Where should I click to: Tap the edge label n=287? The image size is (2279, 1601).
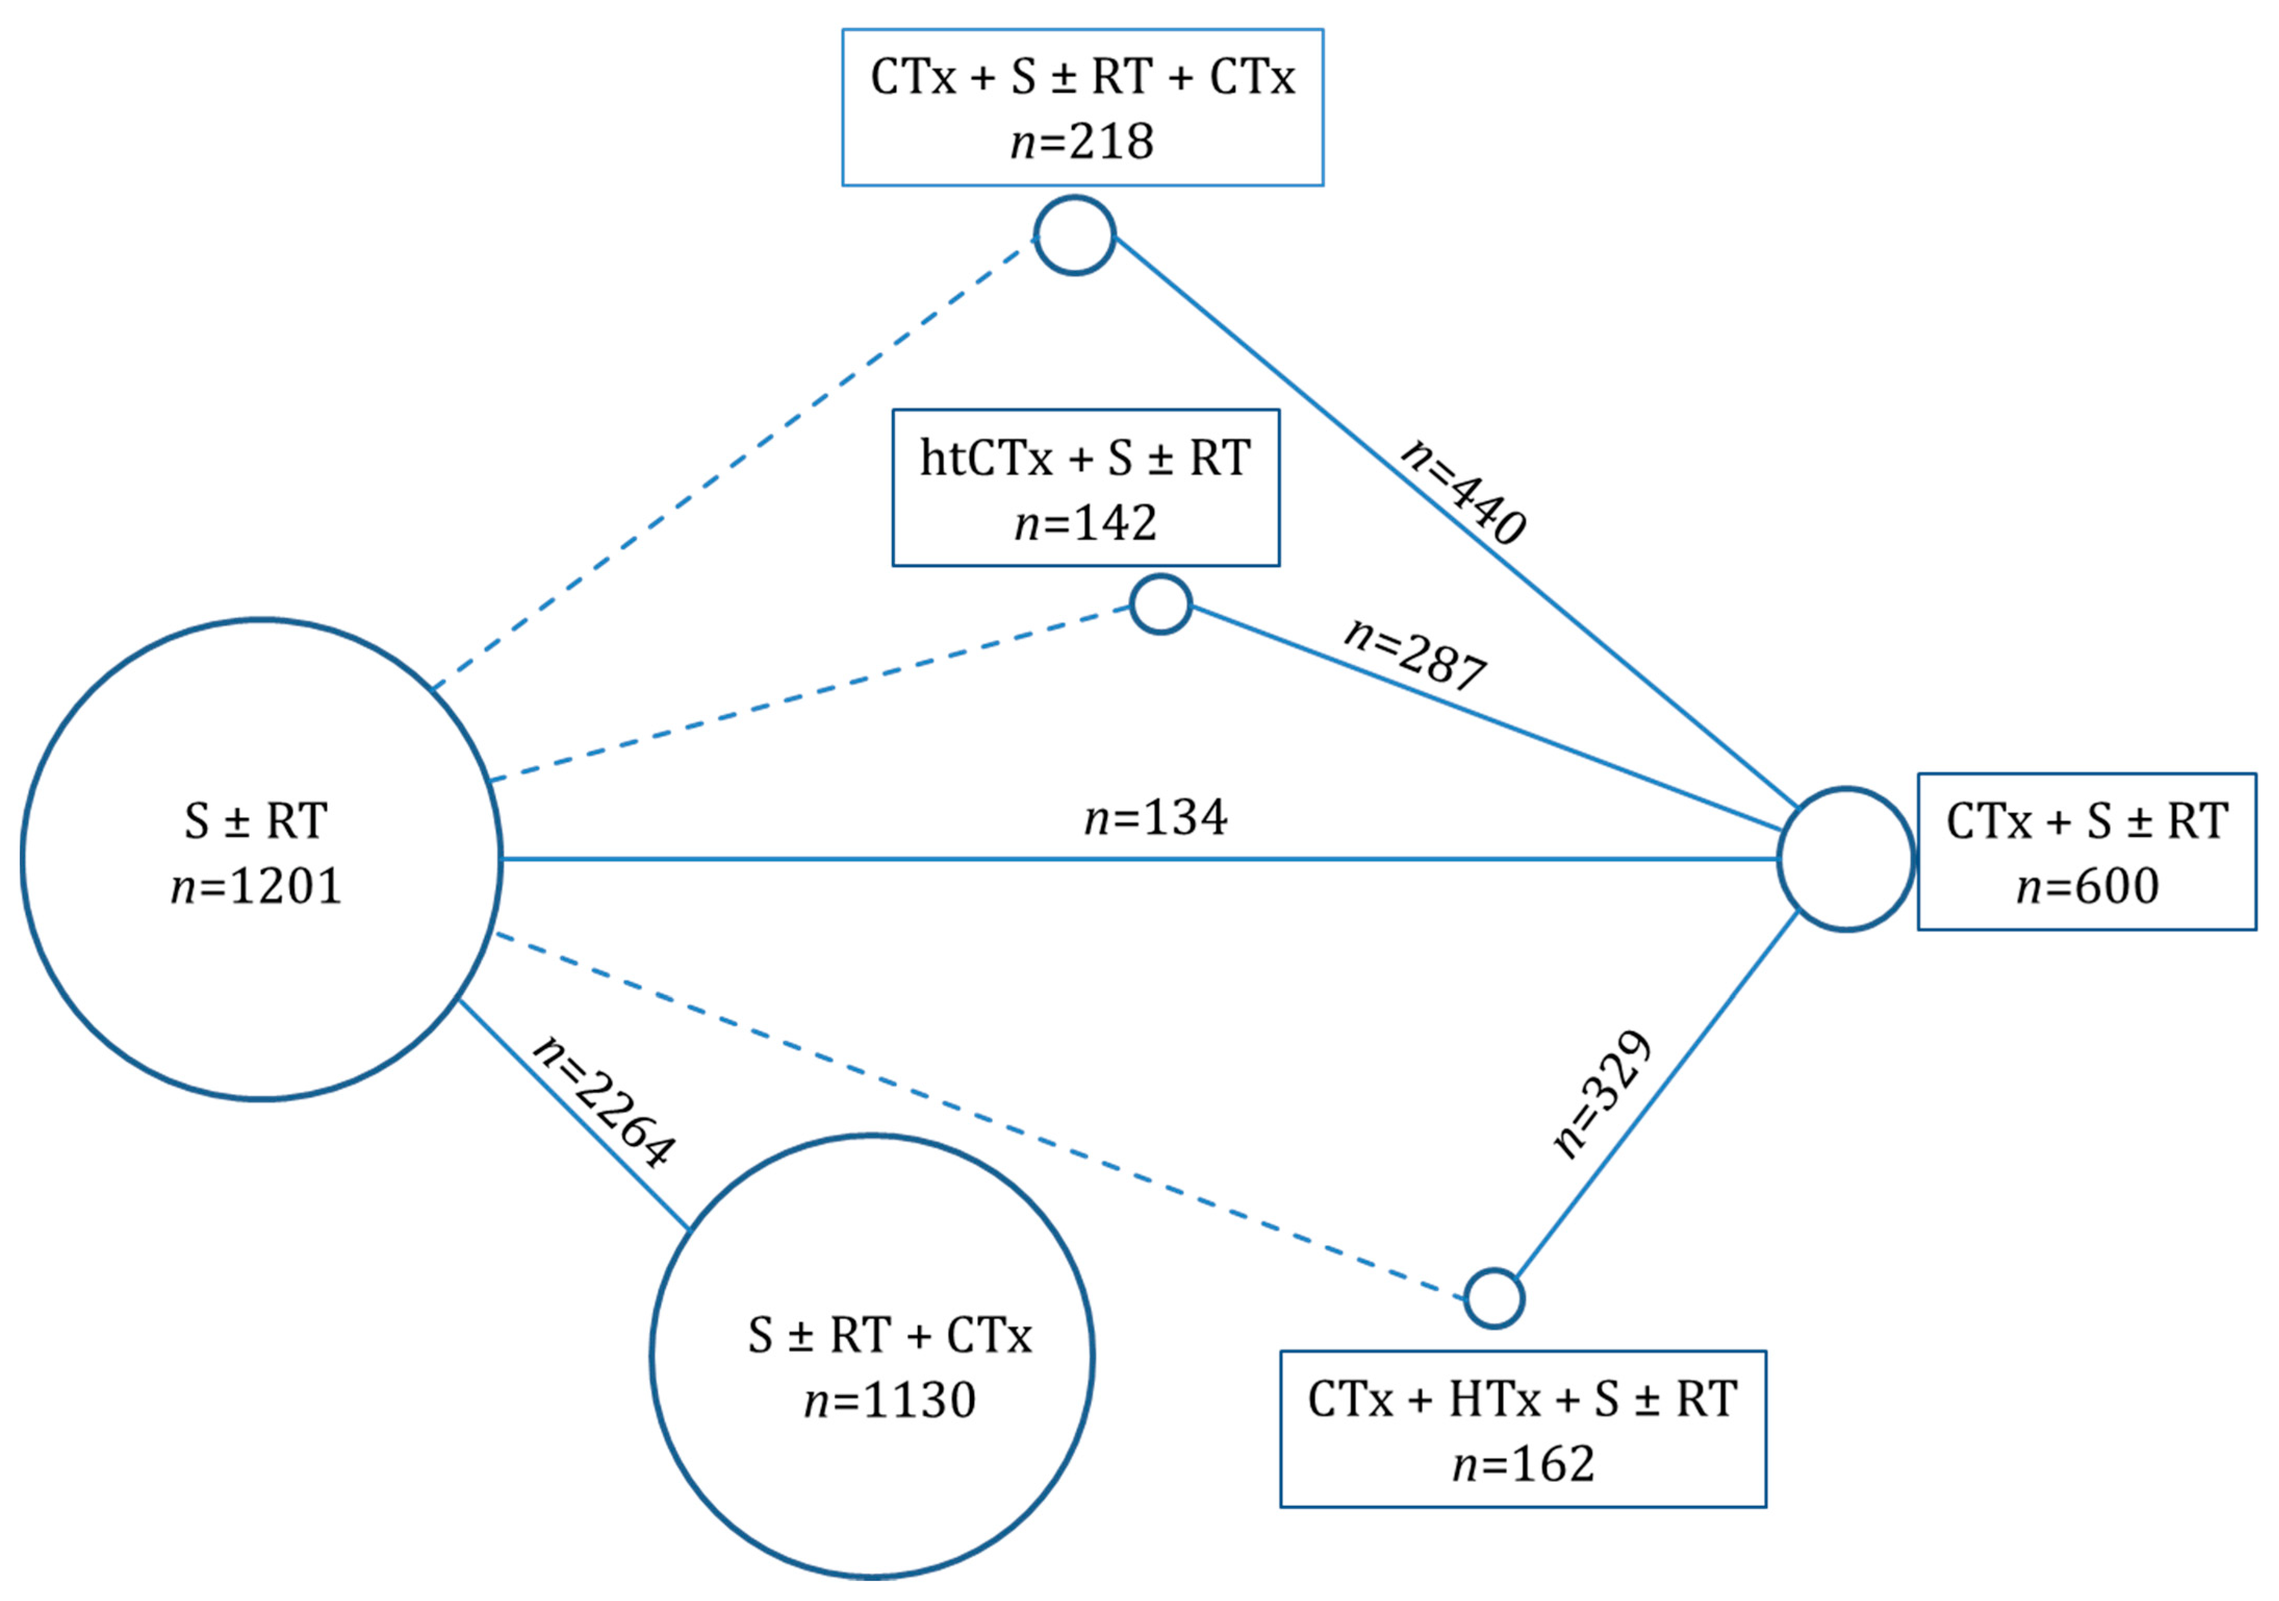[x=1415, y=655]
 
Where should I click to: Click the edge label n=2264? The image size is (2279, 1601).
[x=604, y=1102]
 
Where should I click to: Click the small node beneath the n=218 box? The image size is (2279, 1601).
[x=1075, y=235]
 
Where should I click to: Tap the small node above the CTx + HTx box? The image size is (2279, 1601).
[x=1494, y=1298]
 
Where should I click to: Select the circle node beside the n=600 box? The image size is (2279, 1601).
[x=1845, y=860]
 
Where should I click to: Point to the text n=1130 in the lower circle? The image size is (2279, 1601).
[x=890, y=1401]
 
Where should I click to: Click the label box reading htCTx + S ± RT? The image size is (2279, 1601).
[x=1086, y=487]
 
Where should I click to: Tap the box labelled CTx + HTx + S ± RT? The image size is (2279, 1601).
[x=1522, y=1429]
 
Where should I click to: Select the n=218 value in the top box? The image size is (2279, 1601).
[x=1082, y=142]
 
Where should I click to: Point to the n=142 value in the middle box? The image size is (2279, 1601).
[x=1086, y=523]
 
